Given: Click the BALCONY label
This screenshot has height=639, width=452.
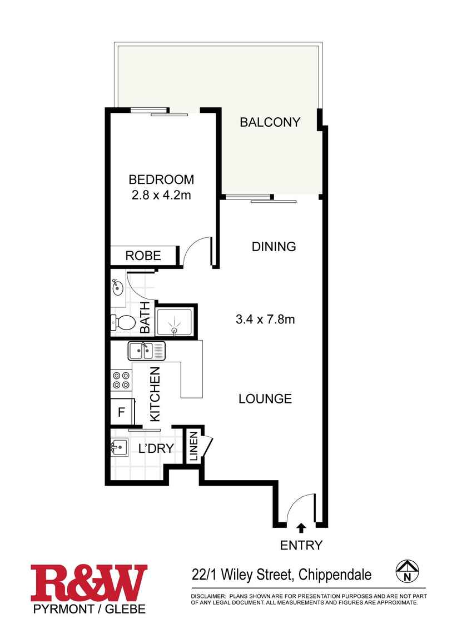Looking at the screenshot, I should pos(270,122).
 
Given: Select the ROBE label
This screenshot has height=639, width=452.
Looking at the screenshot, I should pos(143,256).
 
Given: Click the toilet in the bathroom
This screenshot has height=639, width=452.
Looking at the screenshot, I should pos(123,322).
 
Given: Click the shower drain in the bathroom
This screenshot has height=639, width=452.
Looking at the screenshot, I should pos(175,331).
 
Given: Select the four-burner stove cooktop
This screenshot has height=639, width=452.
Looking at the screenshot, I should pos(121,380).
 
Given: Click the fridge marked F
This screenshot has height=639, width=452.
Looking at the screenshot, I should pos(121,412).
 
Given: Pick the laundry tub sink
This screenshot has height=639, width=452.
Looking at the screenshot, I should pos(119,446).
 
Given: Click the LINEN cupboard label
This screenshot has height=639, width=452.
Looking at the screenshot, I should pos(193,447).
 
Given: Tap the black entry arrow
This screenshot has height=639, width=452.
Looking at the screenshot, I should pos(301,527).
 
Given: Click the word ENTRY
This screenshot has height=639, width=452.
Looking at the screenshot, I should pos(301,545).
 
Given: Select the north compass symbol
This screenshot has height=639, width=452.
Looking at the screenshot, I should pos(408,571).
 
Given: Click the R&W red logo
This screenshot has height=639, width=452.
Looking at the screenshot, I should pos(89,583).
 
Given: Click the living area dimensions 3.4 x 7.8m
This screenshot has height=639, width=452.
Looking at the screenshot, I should pos(265,319).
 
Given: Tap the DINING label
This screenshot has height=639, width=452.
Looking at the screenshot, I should pos(274,247).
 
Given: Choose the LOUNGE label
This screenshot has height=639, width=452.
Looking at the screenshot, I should pos(265,399).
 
